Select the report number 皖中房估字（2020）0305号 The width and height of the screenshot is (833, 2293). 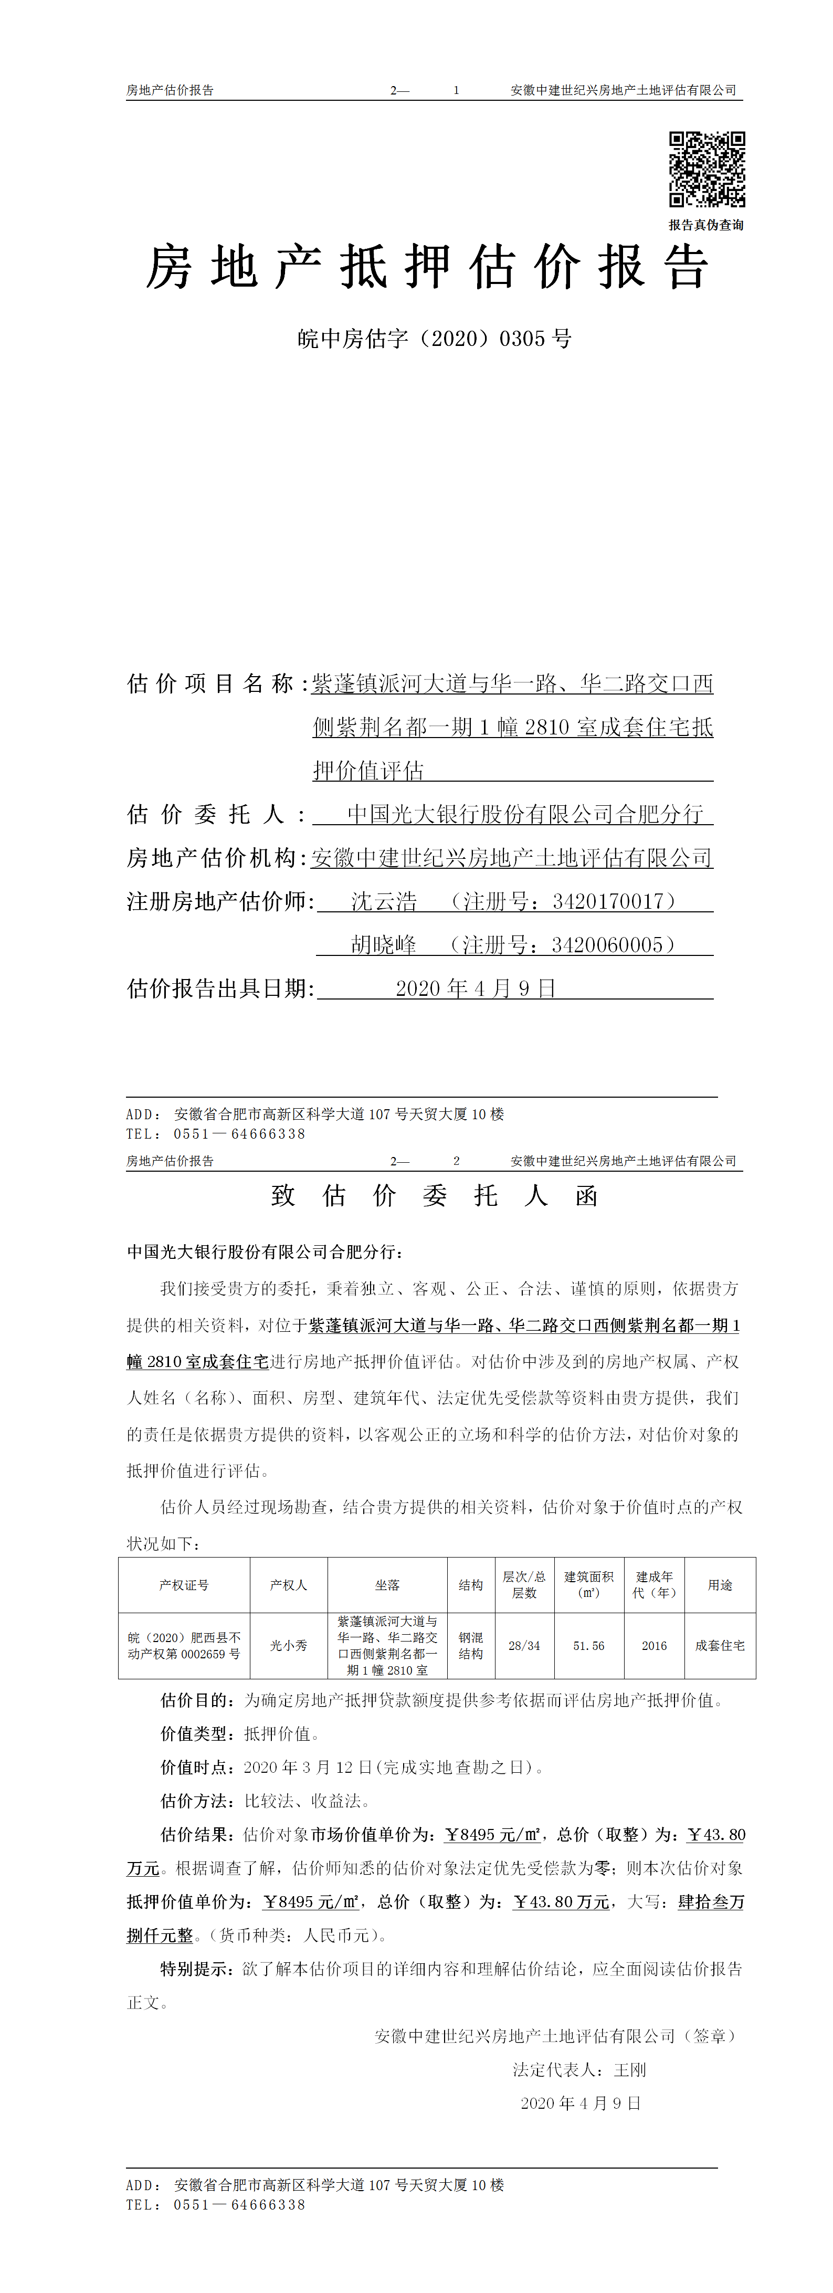pyautogui.click(x=434, y=339)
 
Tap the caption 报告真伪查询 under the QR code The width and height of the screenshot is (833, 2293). pyautogui.click(x=706, y=225)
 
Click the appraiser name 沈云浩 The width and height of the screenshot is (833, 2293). pyautogui.click(x=384, y=902)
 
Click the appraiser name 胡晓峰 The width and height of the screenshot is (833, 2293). pyautogui.click(x=384, y=945)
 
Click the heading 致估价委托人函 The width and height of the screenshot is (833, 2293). pyautogui.click(x=434, y=1195)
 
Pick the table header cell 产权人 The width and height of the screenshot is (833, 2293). pyautogui.click(x=288, y=1585)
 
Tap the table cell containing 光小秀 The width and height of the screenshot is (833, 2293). pyautogui.click(x=288, y=1646)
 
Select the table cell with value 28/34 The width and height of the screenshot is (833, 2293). pyautogui.click(x=524, y=1646)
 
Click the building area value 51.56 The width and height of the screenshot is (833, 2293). pyautogui.click(x=588, y=1646)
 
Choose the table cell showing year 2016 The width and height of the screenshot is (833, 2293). pyautogui.click(x=654, y=1646)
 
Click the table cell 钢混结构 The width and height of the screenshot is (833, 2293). pyautogui.click(x=471, y=1646)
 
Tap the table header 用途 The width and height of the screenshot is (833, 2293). pyautogui.click(x=720, y=1585)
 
